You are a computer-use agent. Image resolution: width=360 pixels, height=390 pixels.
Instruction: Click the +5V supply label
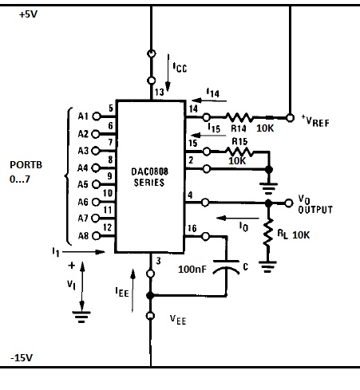28,14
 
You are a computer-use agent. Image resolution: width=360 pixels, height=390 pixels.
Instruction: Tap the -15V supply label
22,358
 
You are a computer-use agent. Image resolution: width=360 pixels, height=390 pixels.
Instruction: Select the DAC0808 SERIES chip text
149,177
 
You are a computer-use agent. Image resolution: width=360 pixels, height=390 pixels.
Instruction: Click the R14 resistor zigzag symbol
239,117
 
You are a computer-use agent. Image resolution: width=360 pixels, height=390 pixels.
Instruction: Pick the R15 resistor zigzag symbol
239,152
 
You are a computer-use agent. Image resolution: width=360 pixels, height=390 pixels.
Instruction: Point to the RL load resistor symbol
268,232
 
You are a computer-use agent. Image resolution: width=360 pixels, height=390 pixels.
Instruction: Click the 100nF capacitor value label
192,269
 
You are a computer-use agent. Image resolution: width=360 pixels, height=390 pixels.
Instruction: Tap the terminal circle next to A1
97,116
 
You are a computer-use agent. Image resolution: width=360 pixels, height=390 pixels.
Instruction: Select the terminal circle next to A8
97,236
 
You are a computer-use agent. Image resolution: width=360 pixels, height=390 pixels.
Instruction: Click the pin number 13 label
160,92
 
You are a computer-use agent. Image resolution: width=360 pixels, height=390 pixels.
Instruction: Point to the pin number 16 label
192,228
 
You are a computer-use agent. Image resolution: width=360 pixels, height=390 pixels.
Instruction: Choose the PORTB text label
26,165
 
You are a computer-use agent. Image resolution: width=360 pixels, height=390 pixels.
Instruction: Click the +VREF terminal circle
290,117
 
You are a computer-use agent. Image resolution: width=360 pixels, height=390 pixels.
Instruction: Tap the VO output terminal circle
289,203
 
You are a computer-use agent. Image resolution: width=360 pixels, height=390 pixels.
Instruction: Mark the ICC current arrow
168,73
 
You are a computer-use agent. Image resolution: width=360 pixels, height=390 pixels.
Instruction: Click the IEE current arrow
133,290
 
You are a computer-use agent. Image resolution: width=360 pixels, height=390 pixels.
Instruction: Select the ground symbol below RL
267,267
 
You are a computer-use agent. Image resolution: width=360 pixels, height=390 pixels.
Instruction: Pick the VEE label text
178,319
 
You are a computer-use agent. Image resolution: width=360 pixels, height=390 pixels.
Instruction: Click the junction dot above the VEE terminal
150,295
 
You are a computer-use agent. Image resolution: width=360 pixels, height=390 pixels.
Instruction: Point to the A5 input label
83,184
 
